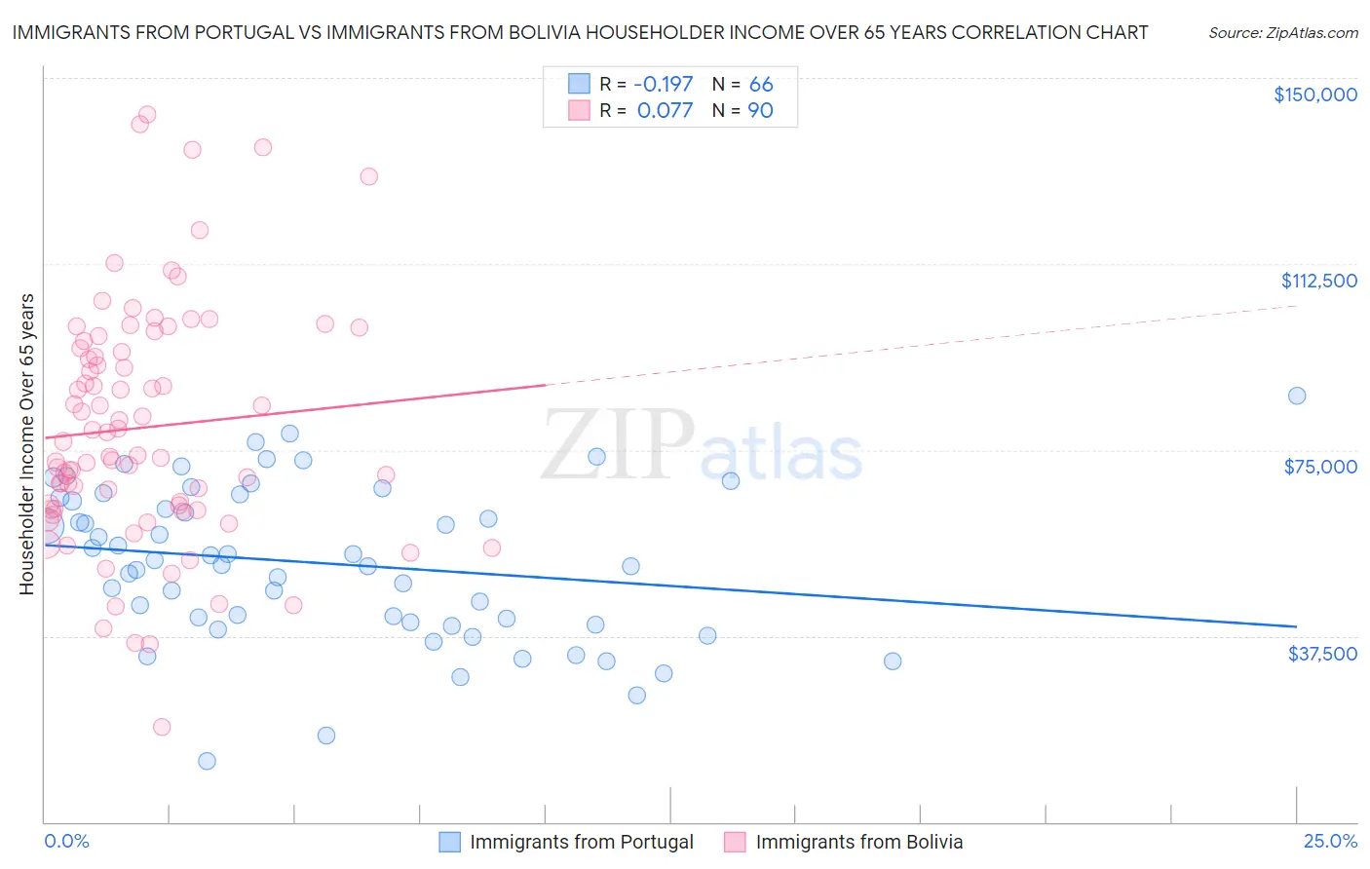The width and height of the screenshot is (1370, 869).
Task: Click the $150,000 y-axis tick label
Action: (x=1314, y=94)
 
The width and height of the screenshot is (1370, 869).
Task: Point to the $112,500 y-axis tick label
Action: (x=1318, y=281)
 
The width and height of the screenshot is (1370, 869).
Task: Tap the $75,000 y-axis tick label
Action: (x=1320, y=467)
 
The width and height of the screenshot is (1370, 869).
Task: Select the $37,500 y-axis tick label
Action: (x=1322, y=654)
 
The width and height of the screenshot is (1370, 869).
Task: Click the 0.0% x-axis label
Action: (x=66, y=842)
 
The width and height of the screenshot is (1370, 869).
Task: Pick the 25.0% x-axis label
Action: (x=1330, y=842)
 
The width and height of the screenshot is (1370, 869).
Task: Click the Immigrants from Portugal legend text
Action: (x=582, y=842)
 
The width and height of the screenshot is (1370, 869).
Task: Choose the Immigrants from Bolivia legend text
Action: (x=858, y=842)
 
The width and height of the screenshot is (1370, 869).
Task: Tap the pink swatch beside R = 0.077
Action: (x=579, y=110)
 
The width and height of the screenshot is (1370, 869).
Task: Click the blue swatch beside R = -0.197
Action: (x=579, y=84)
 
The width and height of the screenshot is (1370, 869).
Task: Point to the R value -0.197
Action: (x=665, y=84)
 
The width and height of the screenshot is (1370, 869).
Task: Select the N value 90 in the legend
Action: (x=760, y=110)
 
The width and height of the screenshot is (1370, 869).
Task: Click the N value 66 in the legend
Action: (x=760, y=84)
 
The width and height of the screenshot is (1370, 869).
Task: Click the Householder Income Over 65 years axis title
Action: (x=27, y=444)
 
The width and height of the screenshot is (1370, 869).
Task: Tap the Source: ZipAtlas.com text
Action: (x=1282, y=32)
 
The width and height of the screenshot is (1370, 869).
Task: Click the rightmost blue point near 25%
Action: (x=1296, y=396)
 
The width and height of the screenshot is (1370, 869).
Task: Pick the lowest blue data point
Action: (x=207, y=761)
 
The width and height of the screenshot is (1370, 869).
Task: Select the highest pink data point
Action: (x=147, y=115)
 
